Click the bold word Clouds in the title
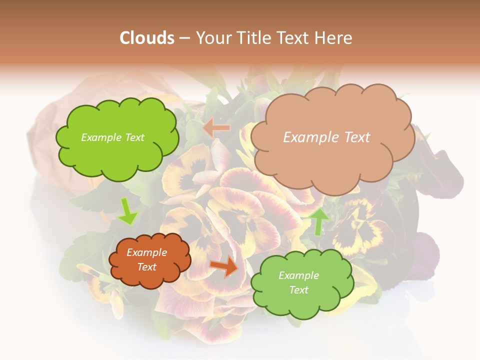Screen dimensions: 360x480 [146, 38]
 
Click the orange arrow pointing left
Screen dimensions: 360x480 [216, 128]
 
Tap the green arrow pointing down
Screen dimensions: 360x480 [127, 211]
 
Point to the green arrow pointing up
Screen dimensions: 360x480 [318, 221]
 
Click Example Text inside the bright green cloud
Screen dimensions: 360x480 [112, 137]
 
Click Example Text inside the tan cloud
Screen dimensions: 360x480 [326, 137]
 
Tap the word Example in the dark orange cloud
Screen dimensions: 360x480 [146, 253]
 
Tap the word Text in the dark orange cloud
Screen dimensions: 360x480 [146, 267]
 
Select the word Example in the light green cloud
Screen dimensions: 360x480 [298, 275]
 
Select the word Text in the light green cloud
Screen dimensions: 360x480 [298, 290]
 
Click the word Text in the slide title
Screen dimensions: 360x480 [295, 38]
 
